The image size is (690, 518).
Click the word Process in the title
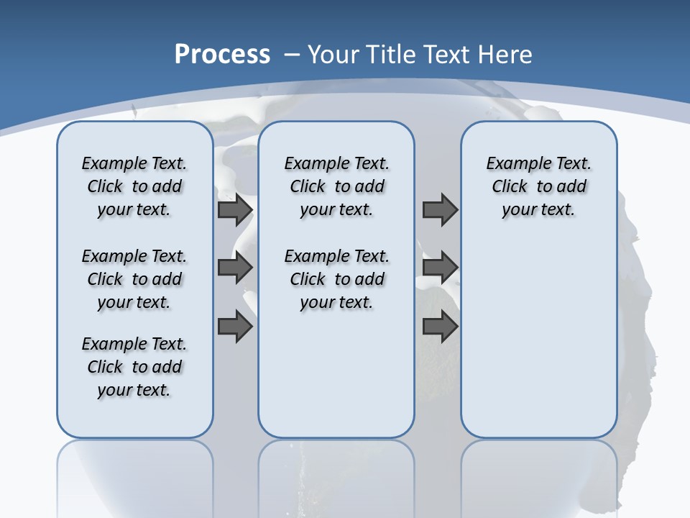[x=222, y=55]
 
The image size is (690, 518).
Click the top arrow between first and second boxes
[x=235, y=210]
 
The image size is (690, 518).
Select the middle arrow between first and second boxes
[x=235, y=268]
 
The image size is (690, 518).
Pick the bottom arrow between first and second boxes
[x=235, y=326]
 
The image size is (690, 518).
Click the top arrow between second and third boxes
[x=440, y=210]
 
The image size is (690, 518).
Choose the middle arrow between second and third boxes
[x=440, y=268]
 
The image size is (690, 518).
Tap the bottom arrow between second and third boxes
[x=440, y=326]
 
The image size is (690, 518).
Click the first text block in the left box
[x=134, y=186]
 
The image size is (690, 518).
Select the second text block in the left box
[x=134, y=279]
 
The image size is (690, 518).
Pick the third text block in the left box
[x=134, y=367]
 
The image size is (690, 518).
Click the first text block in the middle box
[x=336, y=186]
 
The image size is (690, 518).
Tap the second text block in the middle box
[x=336, y=279]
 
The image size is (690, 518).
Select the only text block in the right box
[x=538, y=186]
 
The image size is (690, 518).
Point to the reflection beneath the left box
[x=134, y=475]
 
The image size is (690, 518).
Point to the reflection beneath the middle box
[x=336, y=475]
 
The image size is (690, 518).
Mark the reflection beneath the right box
[x=538, y=475]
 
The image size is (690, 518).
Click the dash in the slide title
[x=292, y=55]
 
